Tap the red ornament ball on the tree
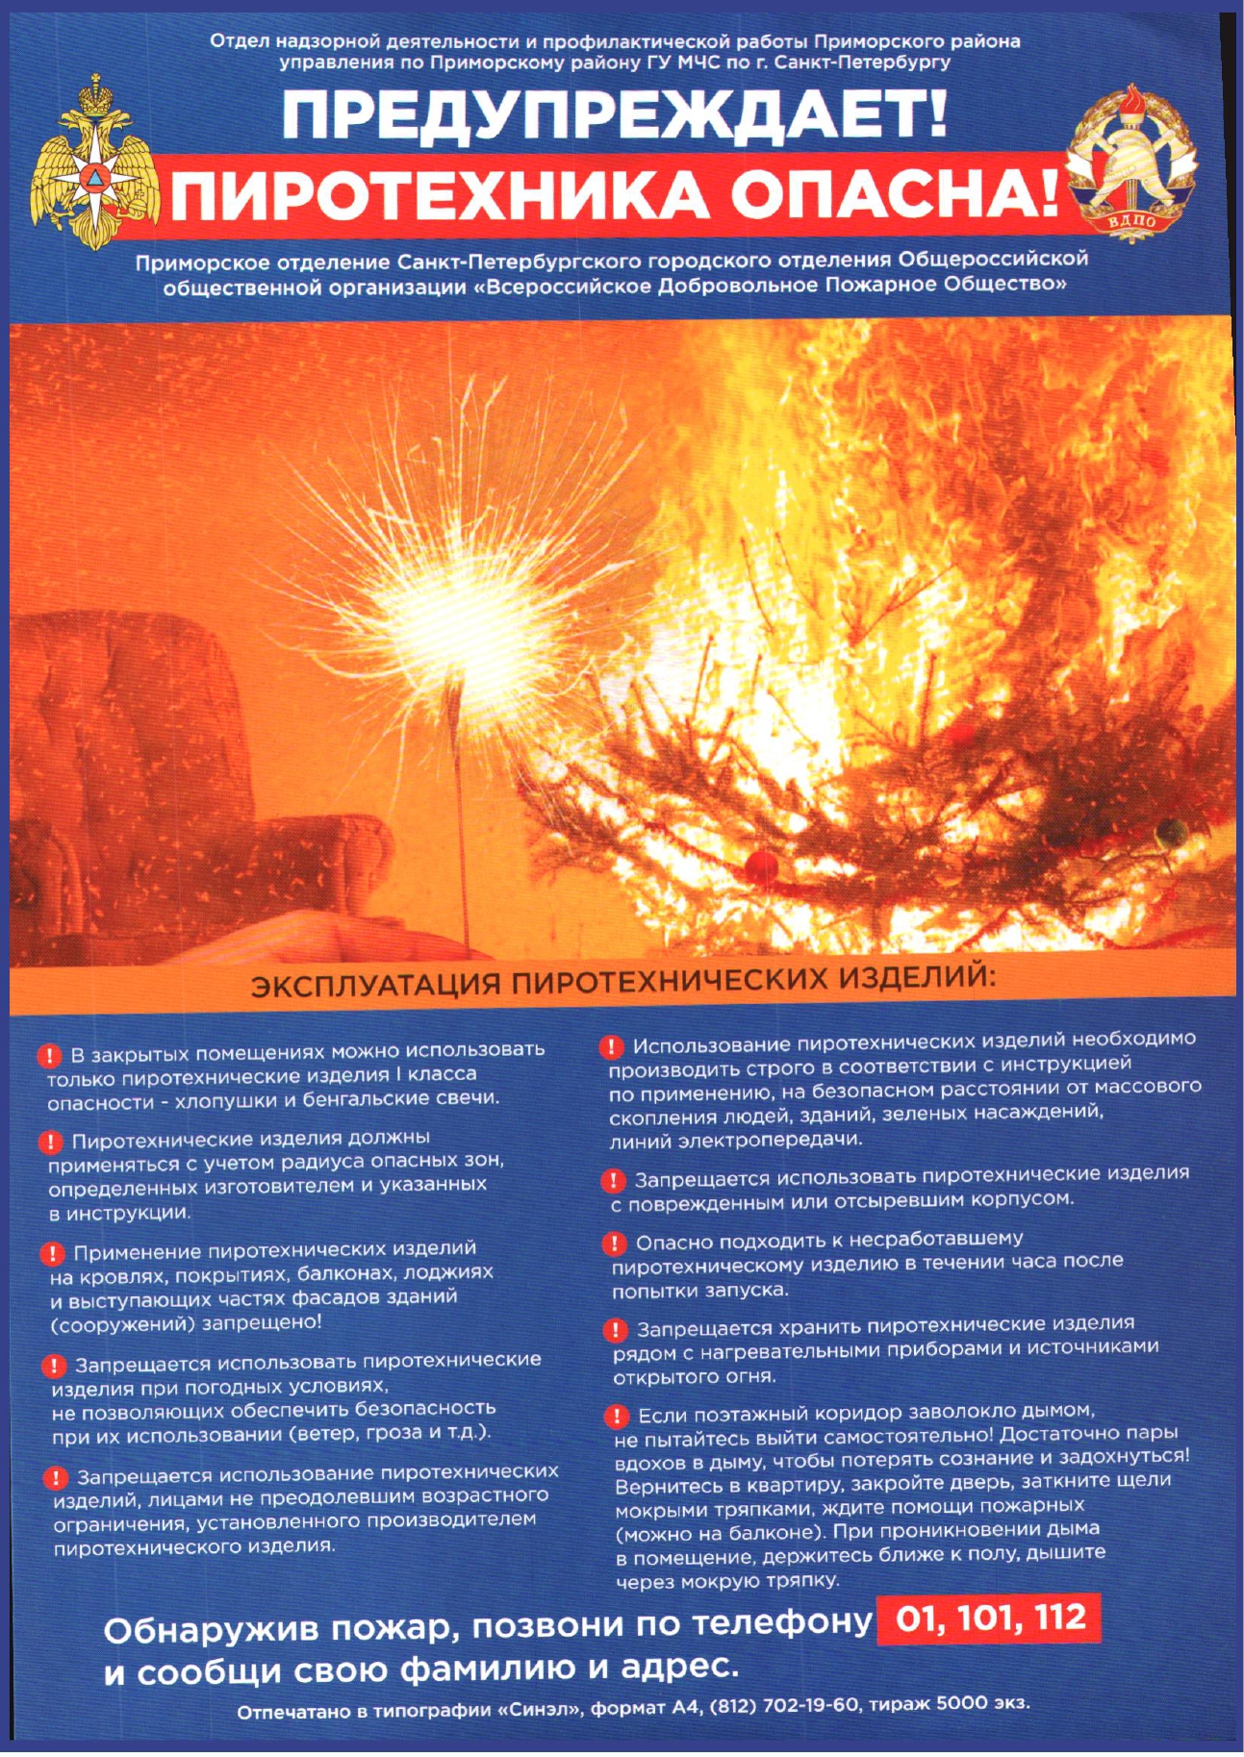(762, 865)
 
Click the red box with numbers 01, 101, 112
(989, 1619)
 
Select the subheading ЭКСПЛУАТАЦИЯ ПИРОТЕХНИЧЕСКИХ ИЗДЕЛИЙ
(621, 982)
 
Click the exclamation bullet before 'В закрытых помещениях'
(49, 1055)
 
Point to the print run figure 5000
(962, 1703)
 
